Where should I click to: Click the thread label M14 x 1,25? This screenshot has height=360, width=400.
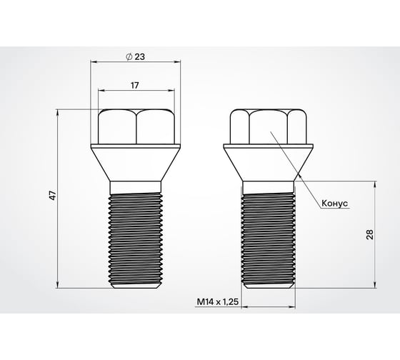click(x=216, y=302)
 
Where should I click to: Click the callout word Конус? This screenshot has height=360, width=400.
click(x=334, y=204)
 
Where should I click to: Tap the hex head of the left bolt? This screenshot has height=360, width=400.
click(x=135, y=126)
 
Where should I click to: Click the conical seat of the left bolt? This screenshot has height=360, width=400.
click(x=135, y=161)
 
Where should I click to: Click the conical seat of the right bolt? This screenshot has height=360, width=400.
click(x=269, y=161)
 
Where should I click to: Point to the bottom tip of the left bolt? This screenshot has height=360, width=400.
click(x=135, y=287)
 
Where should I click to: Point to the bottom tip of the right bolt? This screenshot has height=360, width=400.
click(x=269, y=287)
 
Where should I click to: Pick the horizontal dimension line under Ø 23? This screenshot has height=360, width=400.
click(x=135, y=61)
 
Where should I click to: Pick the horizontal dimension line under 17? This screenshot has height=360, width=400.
click(x=135, y=92)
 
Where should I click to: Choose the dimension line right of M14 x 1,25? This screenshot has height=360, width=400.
click(x=269, y=307)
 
